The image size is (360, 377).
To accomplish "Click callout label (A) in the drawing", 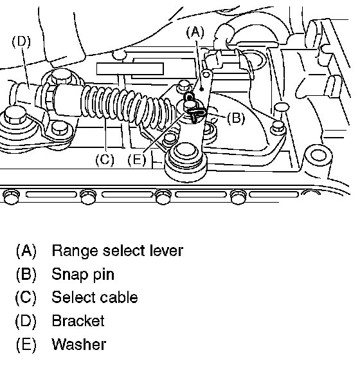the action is [195, 32].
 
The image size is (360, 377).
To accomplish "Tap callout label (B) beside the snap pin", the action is [236, 118].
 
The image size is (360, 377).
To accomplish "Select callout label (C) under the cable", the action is [105, 160].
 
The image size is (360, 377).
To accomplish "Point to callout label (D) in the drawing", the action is [21, 41].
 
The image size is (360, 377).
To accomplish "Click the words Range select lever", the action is [118, 250].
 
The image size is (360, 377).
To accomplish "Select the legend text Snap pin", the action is [83, 274].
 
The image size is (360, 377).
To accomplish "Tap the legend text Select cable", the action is [94, 297].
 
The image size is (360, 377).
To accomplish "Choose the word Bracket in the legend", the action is [78, 321].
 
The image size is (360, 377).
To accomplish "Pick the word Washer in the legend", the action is [79, 344].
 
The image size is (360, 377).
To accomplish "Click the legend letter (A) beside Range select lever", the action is [26, 250].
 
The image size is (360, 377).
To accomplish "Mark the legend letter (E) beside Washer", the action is [26, 344].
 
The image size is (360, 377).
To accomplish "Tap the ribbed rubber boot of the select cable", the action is [127, 106].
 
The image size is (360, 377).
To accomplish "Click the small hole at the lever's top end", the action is [206, 75].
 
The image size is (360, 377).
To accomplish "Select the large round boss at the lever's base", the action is [185, 160].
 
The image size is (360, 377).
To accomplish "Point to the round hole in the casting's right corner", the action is [318, 154].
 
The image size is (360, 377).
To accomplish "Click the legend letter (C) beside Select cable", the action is [26, 297].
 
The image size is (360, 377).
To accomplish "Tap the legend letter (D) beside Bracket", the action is [26, 321].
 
